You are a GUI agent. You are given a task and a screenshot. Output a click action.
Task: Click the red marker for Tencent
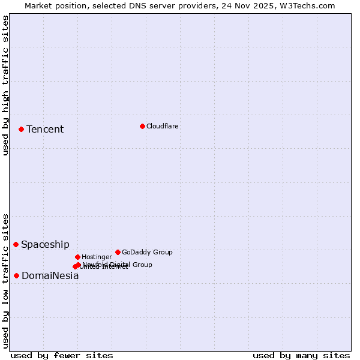point(21,129)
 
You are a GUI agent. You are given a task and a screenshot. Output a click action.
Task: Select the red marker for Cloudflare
point(142,126)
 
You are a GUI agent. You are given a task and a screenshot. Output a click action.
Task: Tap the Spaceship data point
point(16,244)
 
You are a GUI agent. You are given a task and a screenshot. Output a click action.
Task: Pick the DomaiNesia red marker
point(16,275)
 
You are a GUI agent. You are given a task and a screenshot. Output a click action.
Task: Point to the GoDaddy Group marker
point(118,252)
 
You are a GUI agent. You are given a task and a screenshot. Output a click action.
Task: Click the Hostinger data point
point(77,257)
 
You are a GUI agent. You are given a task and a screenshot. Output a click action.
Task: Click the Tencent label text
point(45,130)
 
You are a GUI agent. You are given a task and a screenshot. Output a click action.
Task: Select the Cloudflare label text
point(163,126)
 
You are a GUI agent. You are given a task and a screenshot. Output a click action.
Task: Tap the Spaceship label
point(45,245)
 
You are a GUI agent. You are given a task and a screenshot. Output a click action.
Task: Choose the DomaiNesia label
point(50,276)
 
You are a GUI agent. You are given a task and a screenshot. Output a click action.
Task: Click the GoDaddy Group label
point(147,252)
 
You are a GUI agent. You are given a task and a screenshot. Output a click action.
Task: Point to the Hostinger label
point(97,257)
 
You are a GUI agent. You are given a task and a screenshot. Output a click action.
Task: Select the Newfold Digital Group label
point(118,265)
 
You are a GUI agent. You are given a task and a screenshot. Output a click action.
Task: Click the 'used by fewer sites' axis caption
point(62,356)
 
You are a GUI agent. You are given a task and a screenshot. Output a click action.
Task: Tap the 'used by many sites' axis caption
point(301,356)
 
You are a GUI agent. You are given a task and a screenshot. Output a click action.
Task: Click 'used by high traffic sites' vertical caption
point(5,86)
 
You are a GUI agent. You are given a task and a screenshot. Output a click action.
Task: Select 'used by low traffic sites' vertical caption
point(5,280)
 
